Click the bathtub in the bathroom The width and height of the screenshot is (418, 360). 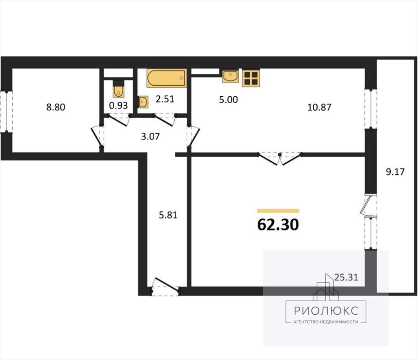tap(167, 78)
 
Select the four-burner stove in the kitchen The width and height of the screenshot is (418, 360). tap(251, 78)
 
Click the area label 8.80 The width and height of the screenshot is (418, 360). tap(56, 107)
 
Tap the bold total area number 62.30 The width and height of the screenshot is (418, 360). tap(278, 224)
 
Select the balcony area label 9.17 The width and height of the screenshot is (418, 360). tap(395, 171)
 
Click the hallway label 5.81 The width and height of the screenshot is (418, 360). tap(168, 215)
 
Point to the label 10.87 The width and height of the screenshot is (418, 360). tap(319, 107)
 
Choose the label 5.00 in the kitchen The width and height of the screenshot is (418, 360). tap(229, 100)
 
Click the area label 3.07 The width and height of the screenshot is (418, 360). tap(150, 136)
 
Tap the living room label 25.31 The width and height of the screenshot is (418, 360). tap(346, 278)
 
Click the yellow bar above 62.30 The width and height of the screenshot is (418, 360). tap(278, 211)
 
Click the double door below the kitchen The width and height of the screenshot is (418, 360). tap(280, 159)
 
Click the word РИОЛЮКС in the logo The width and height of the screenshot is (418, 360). tap(326, 311)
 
